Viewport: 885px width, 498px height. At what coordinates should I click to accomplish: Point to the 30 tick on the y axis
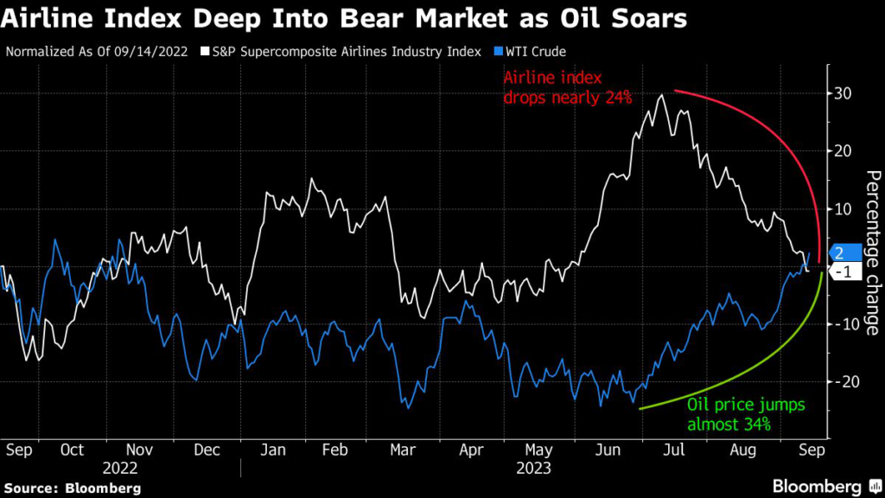842,93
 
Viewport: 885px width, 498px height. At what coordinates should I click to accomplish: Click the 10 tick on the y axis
842,208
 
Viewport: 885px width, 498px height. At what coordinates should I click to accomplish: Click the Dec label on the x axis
207,450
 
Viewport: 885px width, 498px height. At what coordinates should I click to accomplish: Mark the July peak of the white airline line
662,95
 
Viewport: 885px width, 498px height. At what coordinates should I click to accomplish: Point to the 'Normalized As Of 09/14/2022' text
97,52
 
